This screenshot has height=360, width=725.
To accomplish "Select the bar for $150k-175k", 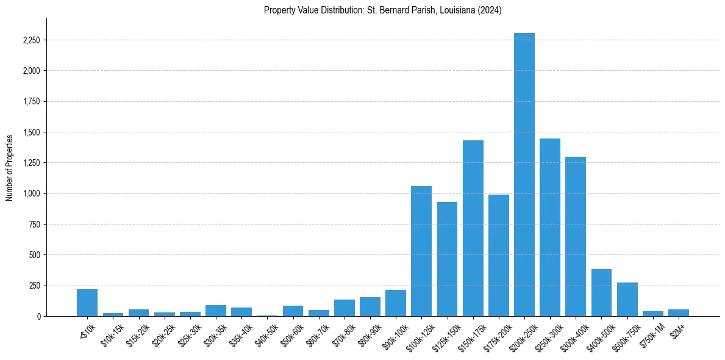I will pos(473,228).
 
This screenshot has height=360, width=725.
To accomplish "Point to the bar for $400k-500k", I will pos(601,292).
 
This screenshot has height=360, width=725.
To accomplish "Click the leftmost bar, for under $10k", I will pos(87,303).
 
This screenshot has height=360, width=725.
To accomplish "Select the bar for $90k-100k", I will pos(396,303).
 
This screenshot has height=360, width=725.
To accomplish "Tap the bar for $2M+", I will pos(679,313).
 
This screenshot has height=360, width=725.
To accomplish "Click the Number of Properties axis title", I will pos(9,167).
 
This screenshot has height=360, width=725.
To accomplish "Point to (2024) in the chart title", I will pos(490,10).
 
